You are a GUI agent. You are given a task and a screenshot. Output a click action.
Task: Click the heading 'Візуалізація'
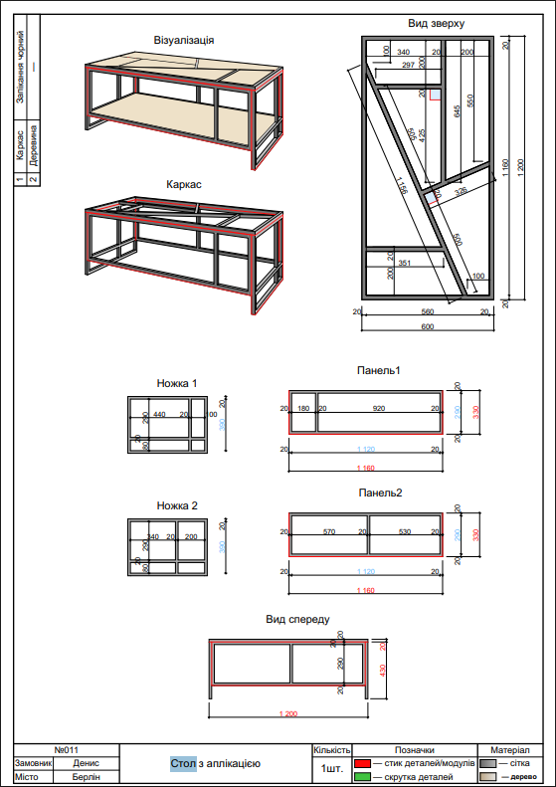tap(184, 41)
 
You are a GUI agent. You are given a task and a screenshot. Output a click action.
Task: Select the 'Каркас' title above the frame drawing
tap(184, 184)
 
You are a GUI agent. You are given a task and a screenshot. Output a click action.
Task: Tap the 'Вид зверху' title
tap(436, 22)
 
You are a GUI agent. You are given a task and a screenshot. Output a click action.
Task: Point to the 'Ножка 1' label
tap(177, 382)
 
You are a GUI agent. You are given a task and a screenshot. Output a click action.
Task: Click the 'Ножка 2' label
tap(177, 505)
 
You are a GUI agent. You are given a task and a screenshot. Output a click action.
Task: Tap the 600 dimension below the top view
tap(428, 326)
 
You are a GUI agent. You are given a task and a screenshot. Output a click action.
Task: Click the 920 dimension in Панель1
tap(378, 409)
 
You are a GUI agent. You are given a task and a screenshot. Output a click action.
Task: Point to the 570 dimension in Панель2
tap(330, 532)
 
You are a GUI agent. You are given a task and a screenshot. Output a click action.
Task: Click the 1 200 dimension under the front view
tap(289, 713)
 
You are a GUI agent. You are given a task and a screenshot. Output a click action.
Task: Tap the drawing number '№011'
tap(66, 749)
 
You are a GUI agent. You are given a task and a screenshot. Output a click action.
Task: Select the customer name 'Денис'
tap(87, 763)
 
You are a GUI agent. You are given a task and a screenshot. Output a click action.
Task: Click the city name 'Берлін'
tap(87, 777)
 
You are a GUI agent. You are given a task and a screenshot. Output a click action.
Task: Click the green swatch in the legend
tap(363, 776)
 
